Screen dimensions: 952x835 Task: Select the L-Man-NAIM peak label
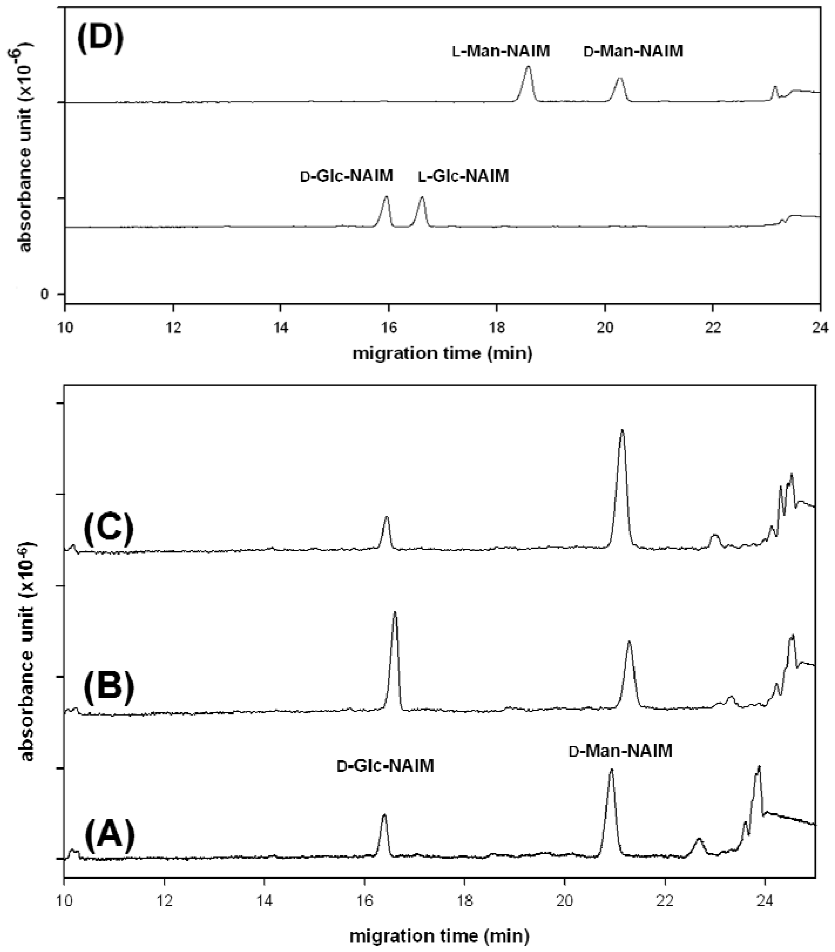point(501,51)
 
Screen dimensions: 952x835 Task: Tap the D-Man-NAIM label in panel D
point(633,51)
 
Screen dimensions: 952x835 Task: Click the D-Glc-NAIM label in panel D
point(347,176)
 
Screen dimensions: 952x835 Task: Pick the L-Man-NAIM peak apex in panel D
point(528,67)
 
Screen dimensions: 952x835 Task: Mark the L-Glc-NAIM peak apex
point(422,197)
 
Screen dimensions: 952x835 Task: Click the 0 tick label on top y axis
point(45,294)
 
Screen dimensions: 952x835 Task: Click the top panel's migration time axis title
point(442,353)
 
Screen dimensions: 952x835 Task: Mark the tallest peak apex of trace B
point(395,612)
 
